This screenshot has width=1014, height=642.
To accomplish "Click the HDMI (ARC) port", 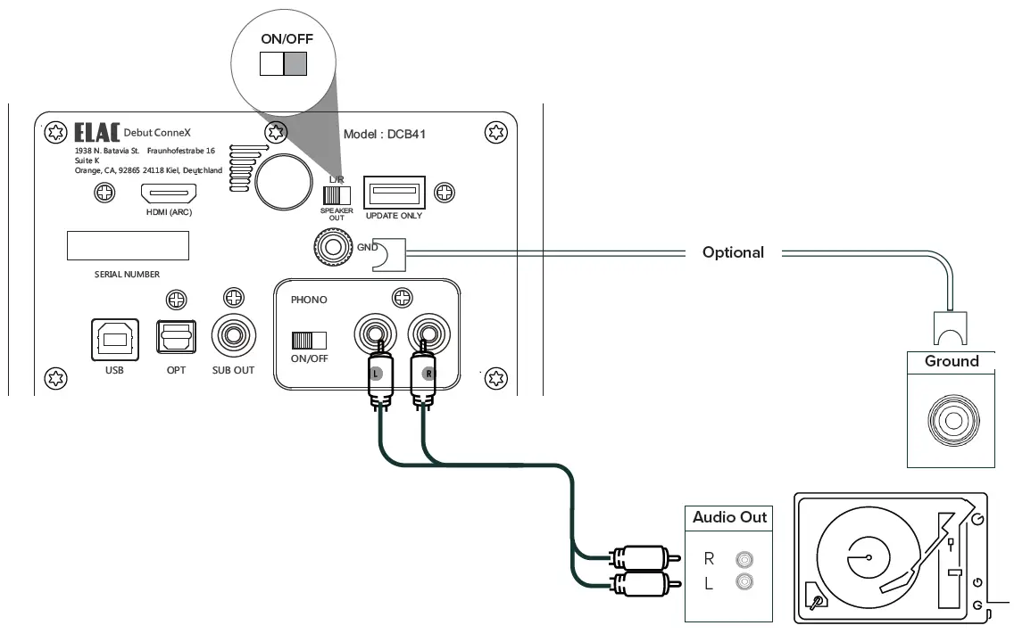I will click(x=172, y=193).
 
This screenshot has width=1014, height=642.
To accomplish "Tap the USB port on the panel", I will click(x=114, y=340).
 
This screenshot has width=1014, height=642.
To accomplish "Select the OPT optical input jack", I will click(x=176, y=340).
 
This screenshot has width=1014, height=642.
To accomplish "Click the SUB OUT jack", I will click(x=234, y=336).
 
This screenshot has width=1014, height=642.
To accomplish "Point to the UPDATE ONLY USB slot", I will click(x=394, y=193).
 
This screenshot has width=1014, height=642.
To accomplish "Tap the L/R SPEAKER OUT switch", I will click(x=337, y=194).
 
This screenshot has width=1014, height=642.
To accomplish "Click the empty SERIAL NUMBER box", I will click(x=128, y=245).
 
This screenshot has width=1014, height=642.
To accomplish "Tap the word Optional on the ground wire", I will click(x=733, y=252).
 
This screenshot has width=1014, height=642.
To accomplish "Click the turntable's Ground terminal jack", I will click(x=951, y=417).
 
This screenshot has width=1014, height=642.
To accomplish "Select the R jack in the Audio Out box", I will click(x=744, y=560).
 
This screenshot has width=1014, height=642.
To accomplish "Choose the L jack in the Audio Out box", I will click(x=744, y=583).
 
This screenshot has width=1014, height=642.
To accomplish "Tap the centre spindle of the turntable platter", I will click(x=867, y=557).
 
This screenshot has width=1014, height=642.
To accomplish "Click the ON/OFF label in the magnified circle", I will click(x=287, y=39).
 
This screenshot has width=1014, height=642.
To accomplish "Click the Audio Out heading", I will click(x=729, y=517).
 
